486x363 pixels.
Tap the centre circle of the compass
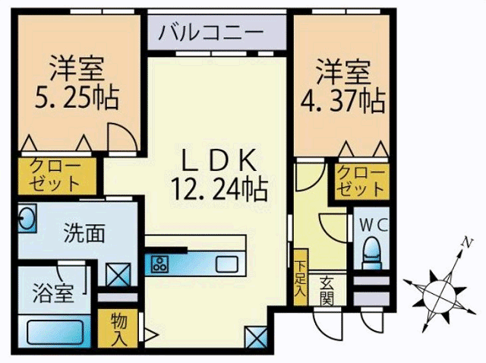[x=440, y=292]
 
